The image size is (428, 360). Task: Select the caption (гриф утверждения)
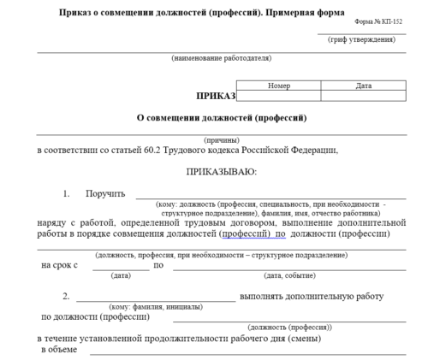tap(360, 50)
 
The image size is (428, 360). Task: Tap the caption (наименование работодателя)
tap(221, 58)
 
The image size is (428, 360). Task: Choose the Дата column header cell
tap(363, 86)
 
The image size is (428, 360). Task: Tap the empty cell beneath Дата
tap(363, 96)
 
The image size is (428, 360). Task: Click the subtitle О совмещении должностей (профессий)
tap(222, 118)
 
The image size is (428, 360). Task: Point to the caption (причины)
tap(221, 139)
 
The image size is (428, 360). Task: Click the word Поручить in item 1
tap(105, 194)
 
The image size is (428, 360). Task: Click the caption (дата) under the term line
tap(121, 275)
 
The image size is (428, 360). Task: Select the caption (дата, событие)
tap(288, 275)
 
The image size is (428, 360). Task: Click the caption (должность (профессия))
tap(289, 328)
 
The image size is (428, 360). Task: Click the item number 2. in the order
tap(66, 297)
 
